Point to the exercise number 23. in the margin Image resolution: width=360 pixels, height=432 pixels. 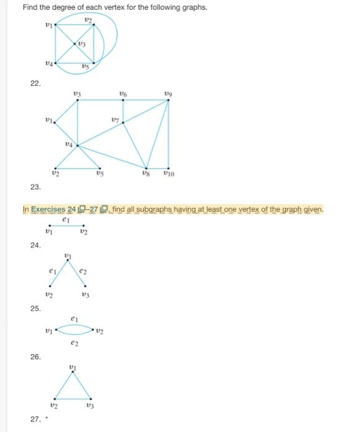35,186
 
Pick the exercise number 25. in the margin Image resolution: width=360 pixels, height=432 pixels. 35,308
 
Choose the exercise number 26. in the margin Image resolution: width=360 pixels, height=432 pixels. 35,357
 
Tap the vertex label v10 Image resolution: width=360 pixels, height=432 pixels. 169,174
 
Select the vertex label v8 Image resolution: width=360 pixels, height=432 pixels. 146,174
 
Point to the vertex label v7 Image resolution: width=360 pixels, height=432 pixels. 115,116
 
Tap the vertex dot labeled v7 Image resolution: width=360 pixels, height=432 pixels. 123,122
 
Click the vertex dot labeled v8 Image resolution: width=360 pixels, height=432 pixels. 146,167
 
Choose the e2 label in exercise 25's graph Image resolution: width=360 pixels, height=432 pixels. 84,272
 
